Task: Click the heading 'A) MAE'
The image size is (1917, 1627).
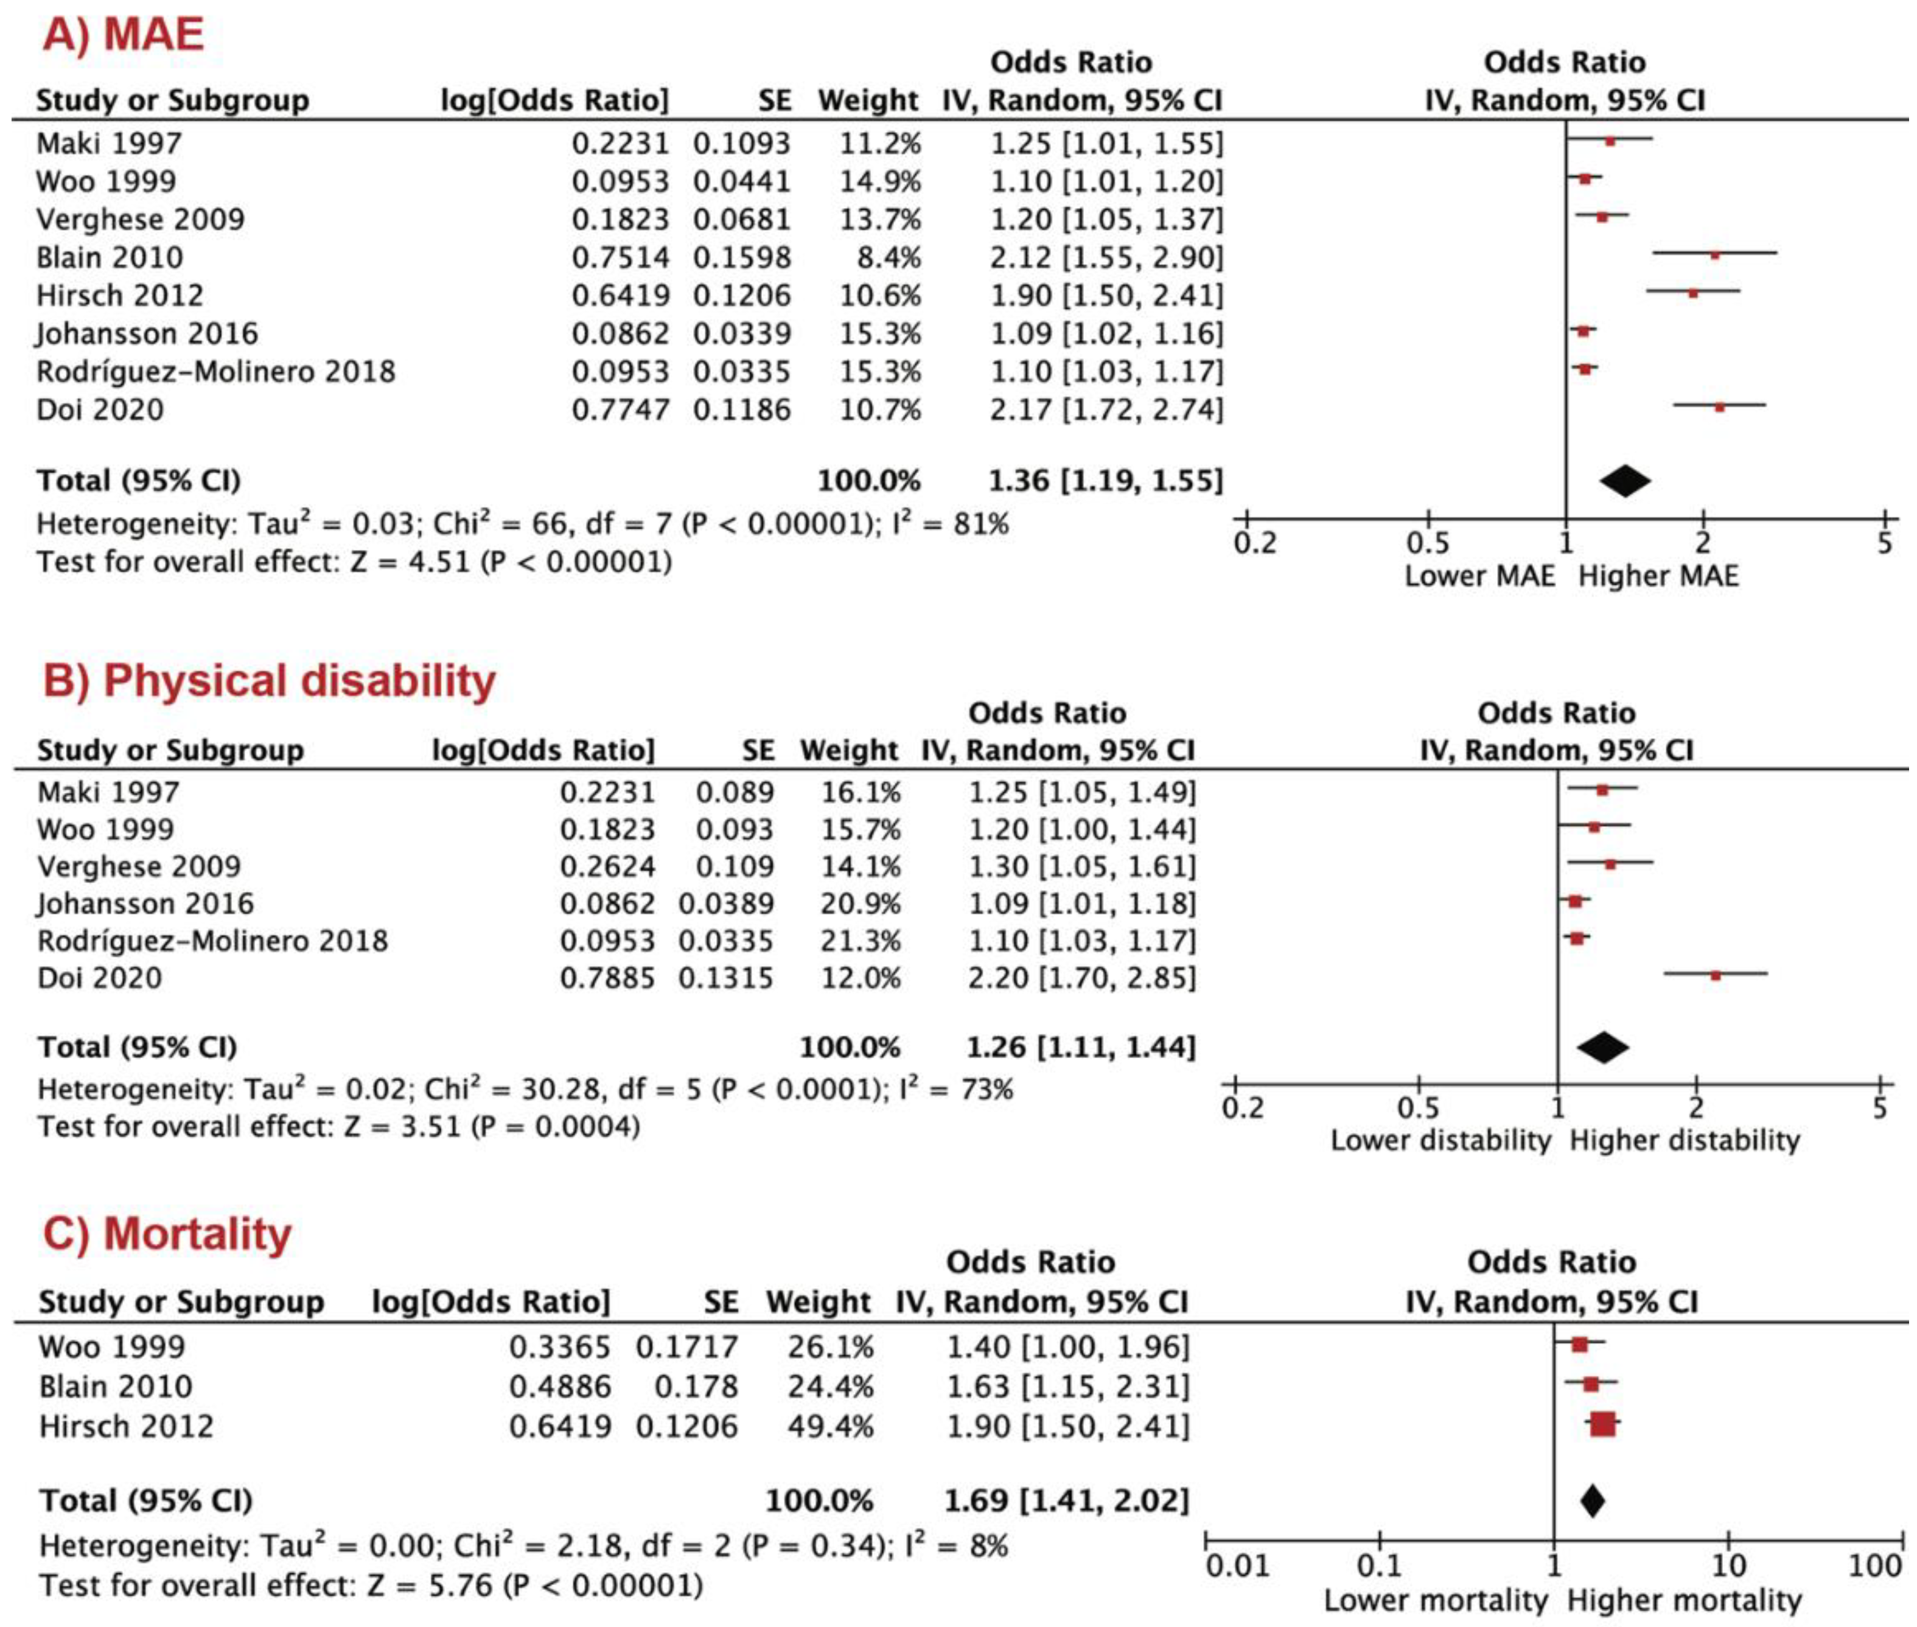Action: point(124,35)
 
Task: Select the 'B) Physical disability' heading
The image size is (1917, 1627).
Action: point(270,681)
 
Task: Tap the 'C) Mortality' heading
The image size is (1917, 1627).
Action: point(167,1234)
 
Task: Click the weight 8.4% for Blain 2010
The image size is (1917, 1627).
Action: point(889,257)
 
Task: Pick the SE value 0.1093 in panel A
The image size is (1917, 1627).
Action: point(742,144)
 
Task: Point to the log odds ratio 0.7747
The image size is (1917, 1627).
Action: point(620,409)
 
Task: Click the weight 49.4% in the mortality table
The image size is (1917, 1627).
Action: point(829,1426)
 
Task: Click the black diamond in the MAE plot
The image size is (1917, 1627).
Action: point(1624,481)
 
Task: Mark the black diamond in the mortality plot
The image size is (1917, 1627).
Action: point(1591,1500)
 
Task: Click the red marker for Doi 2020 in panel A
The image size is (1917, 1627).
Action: point(1719,406)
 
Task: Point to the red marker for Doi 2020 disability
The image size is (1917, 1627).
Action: point(1715,975)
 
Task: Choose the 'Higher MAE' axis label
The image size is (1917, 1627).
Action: point(1658,576)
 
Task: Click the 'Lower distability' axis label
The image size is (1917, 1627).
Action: point(1440,1140)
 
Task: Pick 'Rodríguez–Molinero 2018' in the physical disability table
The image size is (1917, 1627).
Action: point(212,941)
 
